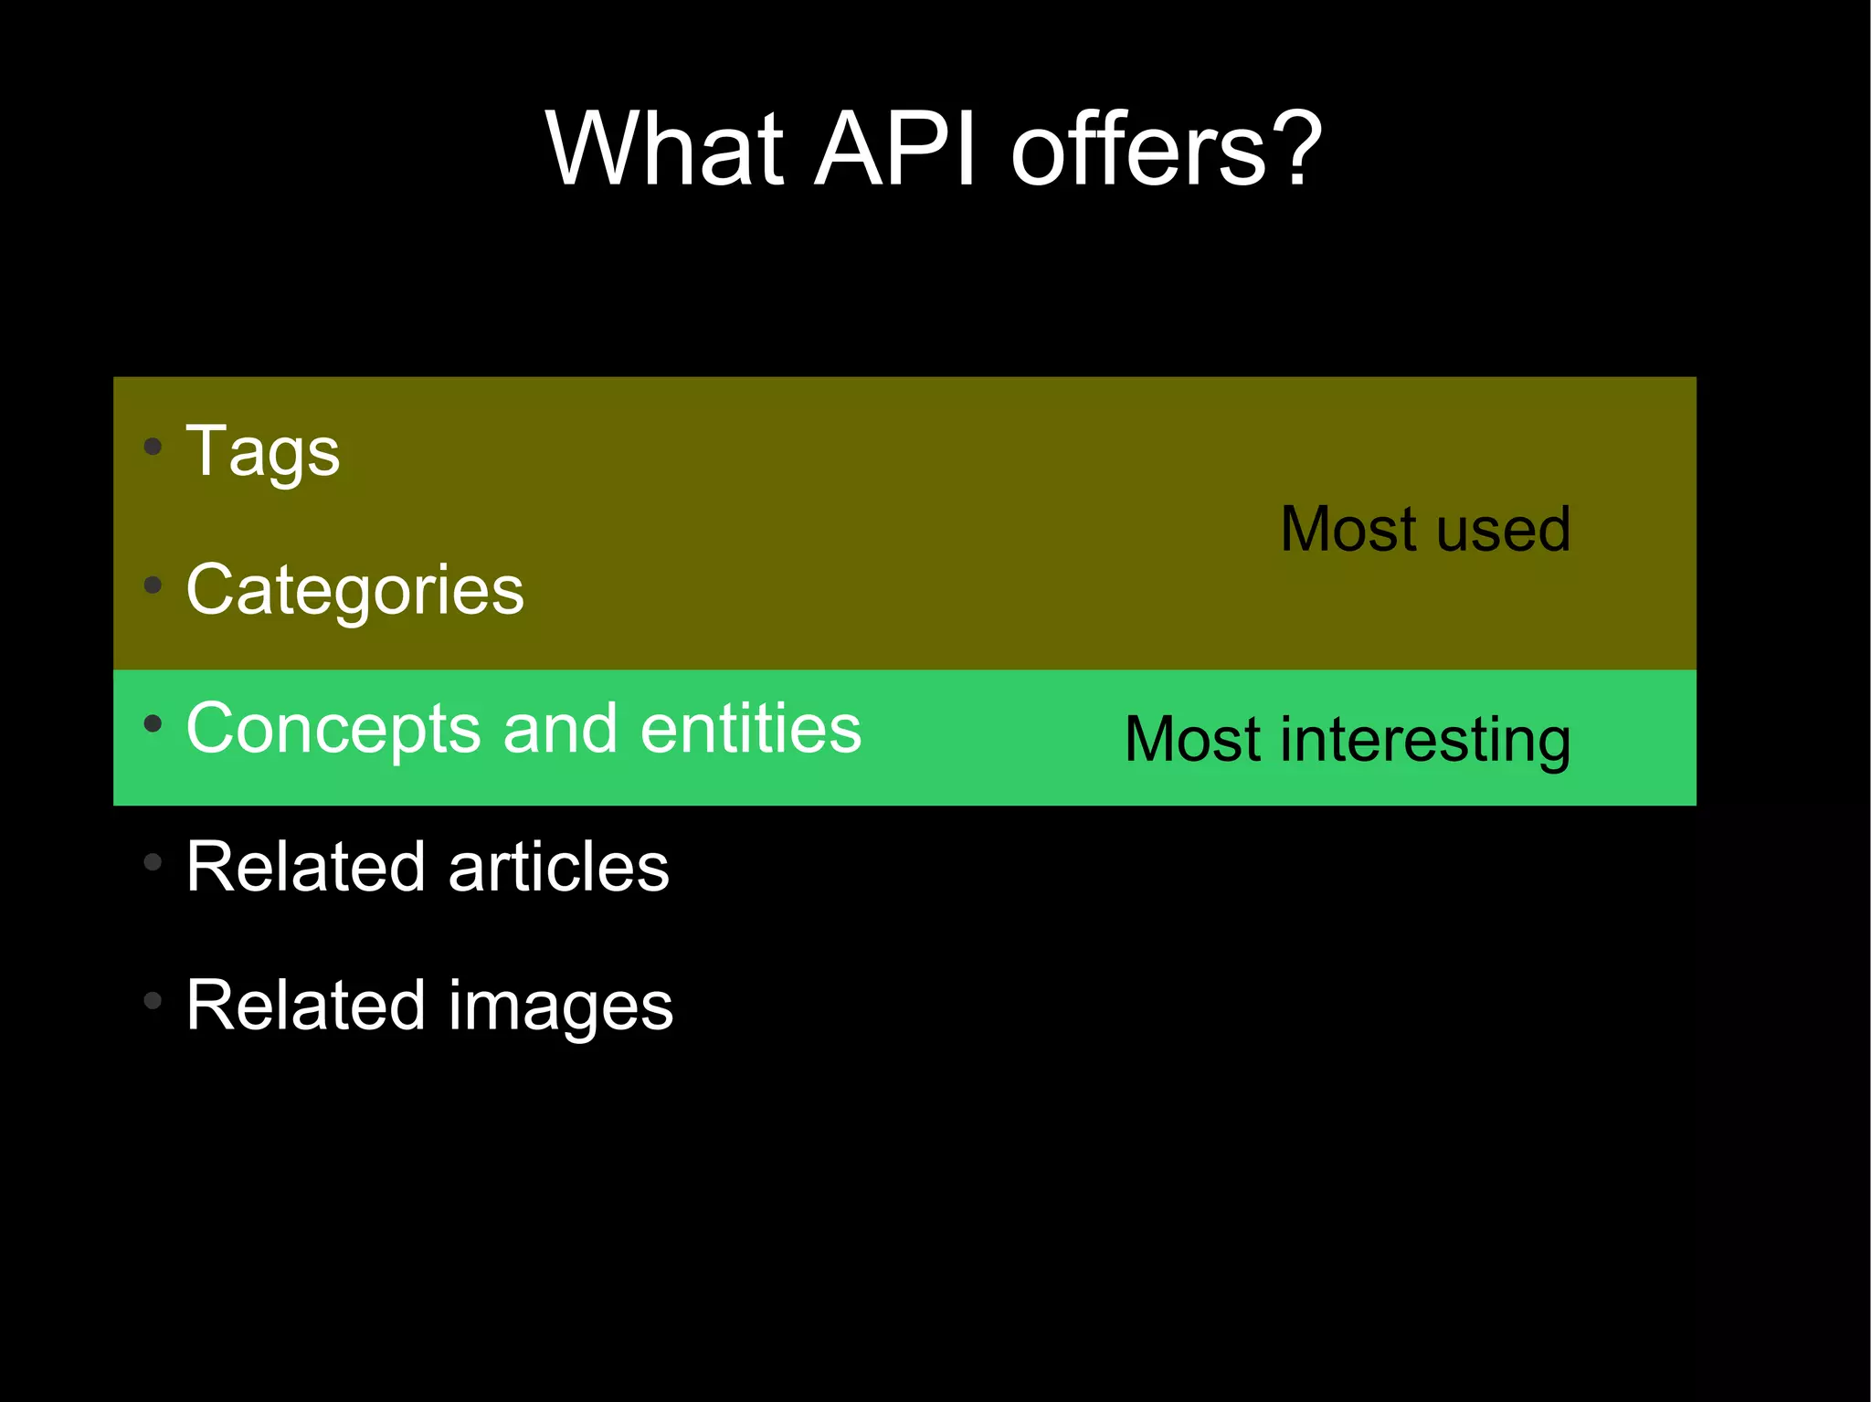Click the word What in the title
point(665,148)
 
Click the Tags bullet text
point(262,452)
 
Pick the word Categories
point(354,591)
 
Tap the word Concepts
point(333,729)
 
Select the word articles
point(558,867)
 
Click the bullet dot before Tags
point(153,447)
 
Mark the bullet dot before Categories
point(153,585)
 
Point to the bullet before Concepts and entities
point(153,723)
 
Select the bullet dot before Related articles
point(153,861)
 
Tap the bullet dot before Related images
point(153,1000)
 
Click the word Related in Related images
point(305,1005)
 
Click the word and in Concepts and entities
point(560,729)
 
